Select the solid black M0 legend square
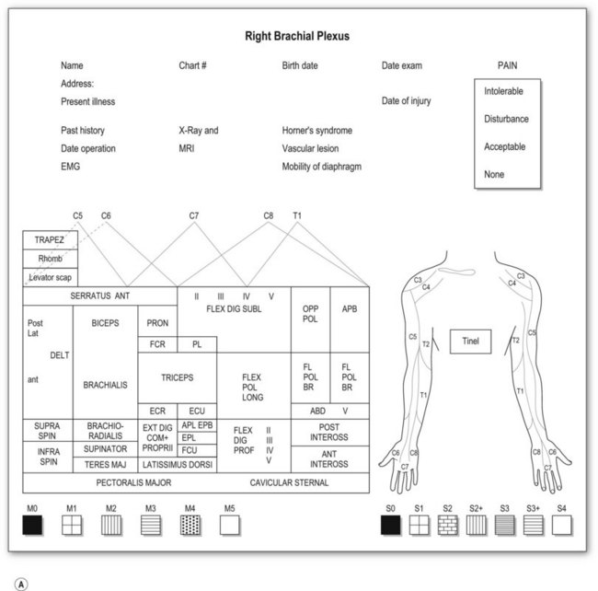(x=32, y=524)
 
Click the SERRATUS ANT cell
(x=100, y=296)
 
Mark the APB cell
(x=350, y=309)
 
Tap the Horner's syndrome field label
(x=316, y=131)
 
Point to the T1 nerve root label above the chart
(x=297, y=215)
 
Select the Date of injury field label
(x=406, y=101)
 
